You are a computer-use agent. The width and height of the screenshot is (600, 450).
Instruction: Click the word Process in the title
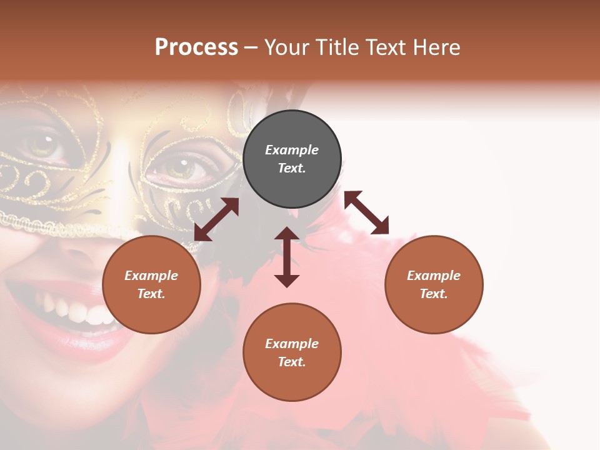tap(196, 47)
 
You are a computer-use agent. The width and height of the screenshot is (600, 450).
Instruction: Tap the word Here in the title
tap(437, 47)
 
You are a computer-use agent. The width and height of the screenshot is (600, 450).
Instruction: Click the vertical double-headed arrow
tap(287, 257)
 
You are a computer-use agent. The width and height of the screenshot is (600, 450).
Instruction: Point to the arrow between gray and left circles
tap(217, 219)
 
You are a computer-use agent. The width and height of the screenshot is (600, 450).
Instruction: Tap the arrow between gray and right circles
tap(366, 212)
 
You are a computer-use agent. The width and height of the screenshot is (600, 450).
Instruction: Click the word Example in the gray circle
tap(292, 150)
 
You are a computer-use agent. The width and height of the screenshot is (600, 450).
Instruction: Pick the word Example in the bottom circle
tap(292, 344)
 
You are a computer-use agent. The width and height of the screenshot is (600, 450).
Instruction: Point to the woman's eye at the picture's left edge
tap(44, 145)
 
